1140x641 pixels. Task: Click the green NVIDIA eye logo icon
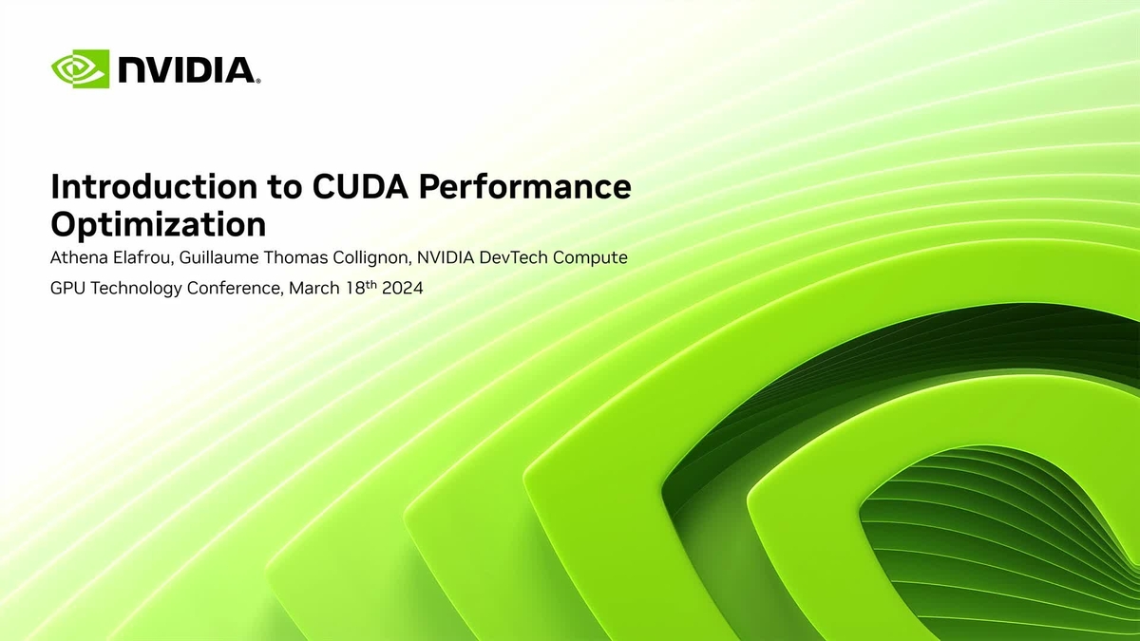point(81,68)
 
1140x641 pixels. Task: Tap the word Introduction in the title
point(154,186)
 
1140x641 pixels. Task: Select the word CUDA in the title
point(360,186)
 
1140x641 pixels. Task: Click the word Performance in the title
point(525,186)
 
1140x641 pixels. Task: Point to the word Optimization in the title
point(159,224)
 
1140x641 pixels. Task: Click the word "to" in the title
point(285,187)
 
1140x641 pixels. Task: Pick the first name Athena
point(79,257)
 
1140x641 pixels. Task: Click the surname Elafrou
point(144,257)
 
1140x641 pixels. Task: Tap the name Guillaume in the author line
point(218,257)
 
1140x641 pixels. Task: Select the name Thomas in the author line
point(295,257)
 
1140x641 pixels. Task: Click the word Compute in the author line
point(590,258)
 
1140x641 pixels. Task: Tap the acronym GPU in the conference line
point(68,288)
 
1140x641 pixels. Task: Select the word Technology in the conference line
point(137,289)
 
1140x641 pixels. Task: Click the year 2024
point(403,288)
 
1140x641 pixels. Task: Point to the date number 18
point(355,288)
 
